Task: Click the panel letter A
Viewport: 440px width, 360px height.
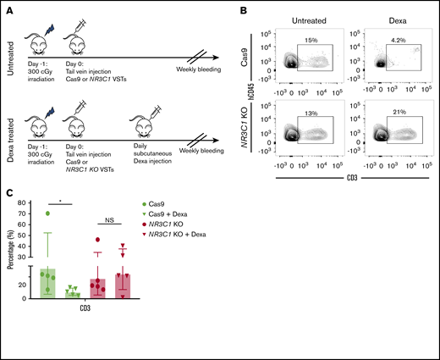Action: pyautogui.click(x=8, y=7)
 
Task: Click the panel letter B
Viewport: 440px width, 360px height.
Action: pyautogui.click(x=241, y=7)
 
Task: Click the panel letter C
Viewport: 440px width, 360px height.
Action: pyautogui.click(x=8, y=192)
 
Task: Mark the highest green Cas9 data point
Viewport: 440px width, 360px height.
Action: pyautogui.click(x=47, y=213)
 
